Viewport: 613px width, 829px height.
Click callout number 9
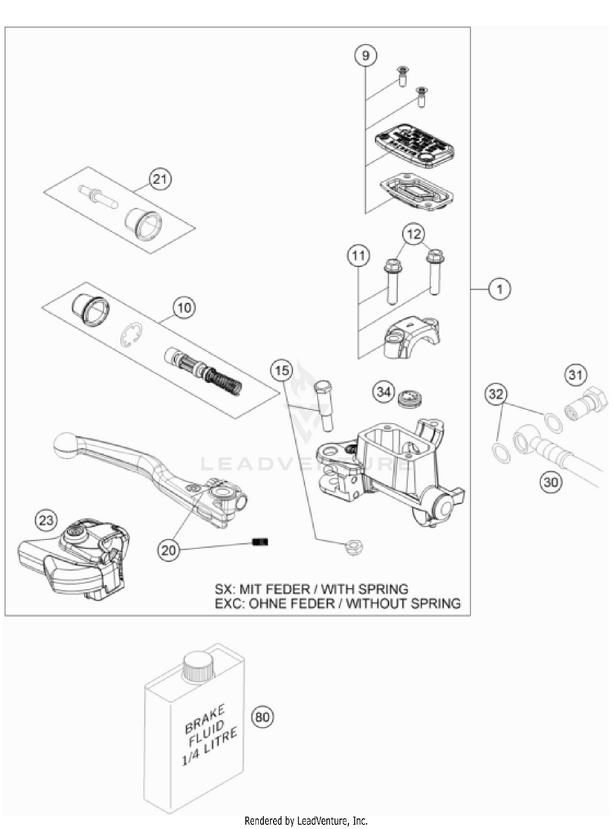(366, 56)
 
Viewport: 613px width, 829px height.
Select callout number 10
(184, 309)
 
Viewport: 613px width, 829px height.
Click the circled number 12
(414, 235)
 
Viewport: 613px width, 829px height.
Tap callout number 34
(383, 392)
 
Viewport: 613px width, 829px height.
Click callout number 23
(47, 519)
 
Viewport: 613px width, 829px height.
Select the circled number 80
(262, 718)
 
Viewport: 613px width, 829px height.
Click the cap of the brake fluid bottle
(196, 667)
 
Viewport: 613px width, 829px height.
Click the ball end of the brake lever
(65, 443)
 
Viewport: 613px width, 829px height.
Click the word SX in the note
(224, 588)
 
